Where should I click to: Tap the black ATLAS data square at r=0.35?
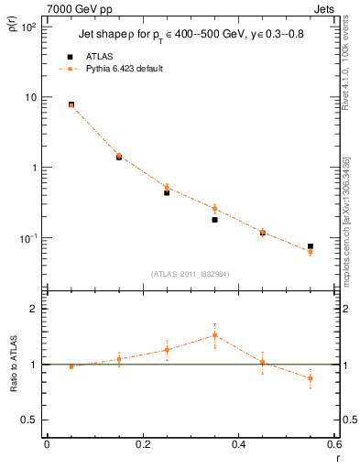coord(214,220)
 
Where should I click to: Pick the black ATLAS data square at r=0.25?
coord(167,192)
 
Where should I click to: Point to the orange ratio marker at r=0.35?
coord(214,335)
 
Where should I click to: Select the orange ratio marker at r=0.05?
coord(71,366)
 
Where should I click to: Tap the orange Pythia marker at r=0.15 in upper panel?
coord(119,156)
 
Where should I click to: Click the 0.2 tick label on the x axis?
coord(142,444)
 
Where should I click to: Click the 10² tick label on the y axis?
coord(27,27)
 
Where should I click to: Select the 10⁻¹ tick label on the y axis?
coord(27,238)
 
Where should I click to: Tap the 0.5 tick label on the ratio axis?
coord(31,420)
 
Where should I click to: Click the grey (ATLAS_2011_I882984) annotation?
coord(190,274)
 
